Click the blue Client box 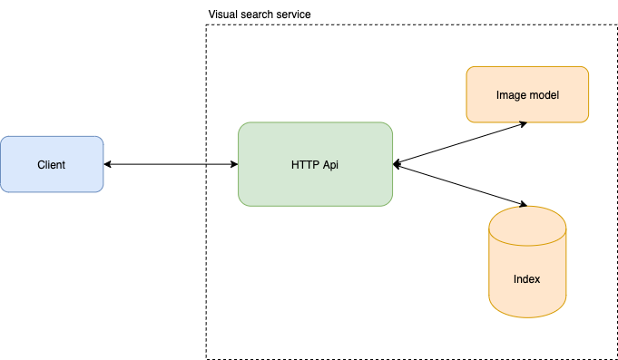click(x=52, y=164)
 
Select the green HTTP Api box click(x=315, y=164)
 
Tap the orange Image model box click(x=527, y=94)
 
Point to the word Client click(x=52, y=165)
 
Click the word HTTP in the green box click(x=303, y=165)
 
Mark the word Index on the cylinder click(x=527, y=279)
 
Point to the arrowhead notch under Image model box click(x=524, y=123)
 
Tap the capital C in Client click(x=41, y=165)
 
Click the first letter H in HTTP click(x=295, y=165)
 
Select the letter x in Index click(x=537, y=279)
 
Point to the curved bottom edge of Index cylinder click(x=527, y=316)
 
